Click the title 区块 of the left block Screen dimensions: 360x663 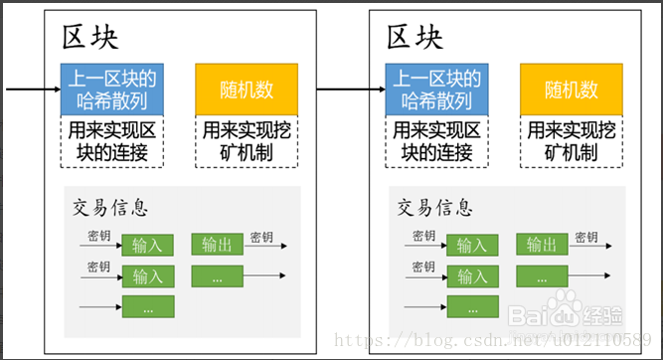[91, 38]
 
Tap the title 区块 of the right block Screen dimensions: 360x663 [415, 38]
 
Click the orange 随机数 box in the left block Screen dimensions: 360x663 [247, 90]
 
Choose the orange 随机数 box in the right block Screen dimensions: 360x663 [571, 90]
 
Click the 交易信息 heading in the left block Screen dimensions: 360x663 [110, 208]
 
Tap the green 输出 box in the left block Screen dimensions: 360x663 [218, 245]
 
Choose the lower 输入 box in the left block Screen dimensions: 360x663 [148, 276]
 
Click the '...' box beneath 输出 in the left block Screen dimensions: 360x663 [218, 276]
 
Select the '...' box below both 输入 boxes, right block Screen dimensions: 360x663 [473, 307]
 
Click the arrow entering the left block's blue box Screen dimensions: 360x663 [30, 90]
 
